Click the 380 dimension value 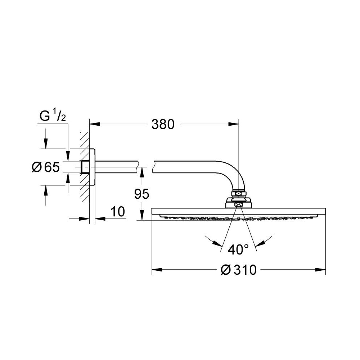(x=163, y=124)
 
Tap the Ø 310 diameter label (x=238, y=269)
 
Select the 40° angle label (x=238, y=249)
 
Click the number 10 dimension (x=118, y=212)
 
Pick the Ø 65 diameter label (x=45, y=167)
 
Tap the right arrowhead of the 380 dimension (x=234, y=124)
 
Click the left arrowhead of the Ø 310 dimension (x=157, y=269)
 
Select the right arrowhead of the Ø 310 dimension (x=321, y=269)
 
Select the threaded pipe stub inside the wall (x=86, y=167)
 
